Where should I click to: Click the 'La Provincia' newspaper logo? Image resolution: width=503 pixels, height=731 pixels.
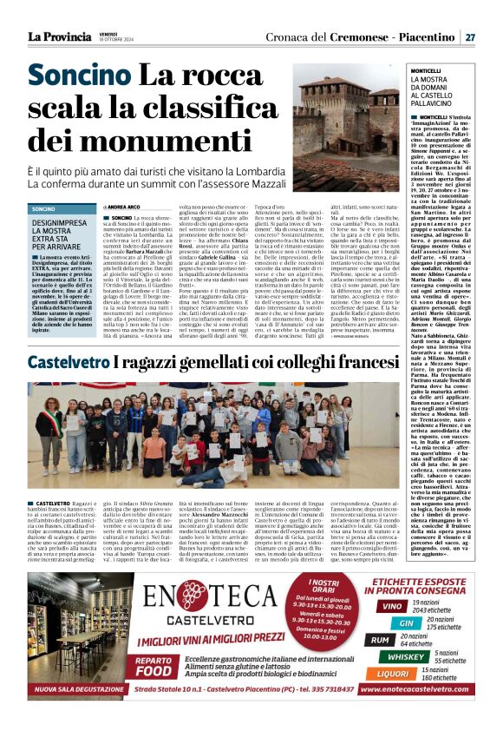[58, 36]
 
